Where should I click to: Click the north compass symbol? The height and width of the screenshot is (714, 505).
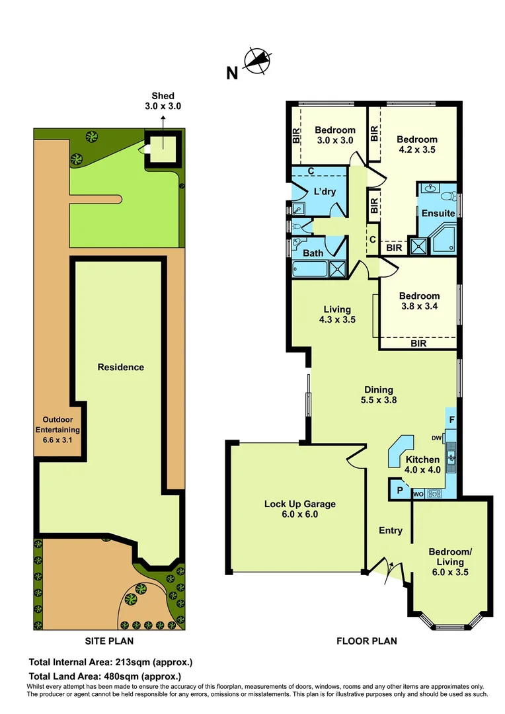[258, 61]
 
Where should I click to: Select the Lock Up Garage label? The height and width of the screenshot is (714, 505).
[300, 508]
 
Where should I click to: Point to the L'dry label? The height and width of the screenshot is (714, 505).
[325, 192]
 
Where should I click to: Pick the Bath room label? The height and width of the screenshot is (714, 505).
[313, 253]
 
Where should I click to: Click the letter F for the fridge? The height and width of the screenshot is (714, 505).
[451, 419]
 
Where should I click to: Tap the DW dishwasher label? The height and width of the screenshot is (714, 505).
[437, 438]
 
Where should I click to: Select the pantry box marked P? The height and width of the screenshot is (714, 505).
[399, 491]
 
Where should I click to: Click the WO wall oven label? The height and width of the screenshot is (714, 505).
[418, 493]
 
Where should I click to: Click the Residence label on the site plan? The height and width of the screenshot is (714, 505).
[120, 367]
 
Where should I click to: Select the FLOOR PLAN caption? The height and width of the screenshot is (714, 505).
[367, 641]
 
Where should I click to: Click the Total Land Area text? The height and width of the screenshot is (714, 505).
[105, 676]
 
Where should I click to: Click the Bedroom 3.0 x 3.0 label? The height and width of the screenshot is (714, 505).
[334, 135]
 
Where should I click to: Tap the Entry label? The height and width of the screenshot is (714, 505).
[390, 530]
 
